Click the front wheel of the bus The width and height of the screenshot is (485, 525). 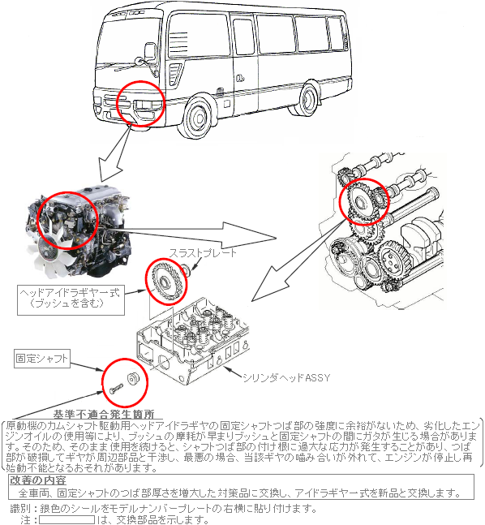pos(199,117)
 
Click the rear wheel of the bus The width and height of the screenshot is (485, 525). pos(308,100)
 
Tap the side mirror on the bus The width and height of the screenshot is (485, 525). pos(150,52)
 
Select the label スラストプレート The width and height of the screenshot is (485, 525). pos(203,253)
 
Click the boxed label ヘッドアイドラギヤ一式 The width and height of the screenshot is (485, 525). pos(71,300)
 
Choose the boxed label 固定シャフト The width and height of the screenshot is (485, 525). pos(42,359)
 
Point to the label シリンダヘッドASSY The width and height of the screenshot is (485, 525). pos(286,377)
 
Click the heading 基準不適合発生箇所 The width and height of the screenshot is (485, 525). pos(104,414)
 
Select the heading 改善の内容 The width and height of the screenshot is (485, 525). pos(38,480)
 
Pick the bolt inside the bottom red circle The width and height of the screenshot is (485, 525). pos(116,389)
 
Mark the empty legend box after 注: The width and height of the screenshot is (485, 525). pos(67,520)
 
